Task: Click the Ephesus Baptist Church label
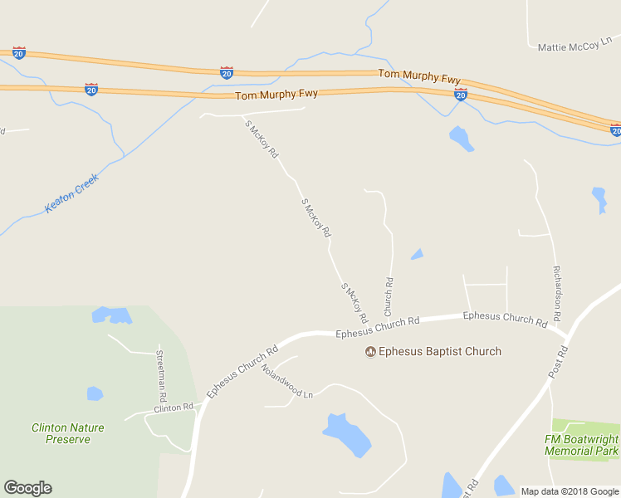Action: click(x=440, y=351)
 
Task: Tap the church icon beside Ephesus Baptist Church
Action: click(x=370, y=351)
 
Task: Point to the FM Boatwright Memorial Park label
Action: click(x=581, y=445)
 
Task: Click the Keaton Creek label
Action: click(x=71, y=193)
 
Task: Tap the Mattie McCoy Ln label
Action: click(x=575, y=47)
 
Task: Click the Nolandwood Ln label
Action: click(x=286, y=381)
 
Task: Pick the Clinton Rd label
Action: click(x=173, y=408)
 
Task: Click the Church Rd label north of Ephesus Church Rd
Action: click(x=389, y=296)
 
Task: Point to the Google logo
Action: click(x=27, y=488)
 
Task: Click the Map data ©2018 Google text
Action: click(x=570, y=491)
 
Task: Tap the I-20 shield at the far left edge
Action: click(x=18, y=53)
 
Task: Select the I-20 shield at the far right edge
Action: click(x=615, y=130)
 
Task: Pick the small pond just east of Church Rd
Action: click(x=417, y=254)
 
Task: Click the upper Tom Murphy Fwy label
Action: click(x=419, y=76)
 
